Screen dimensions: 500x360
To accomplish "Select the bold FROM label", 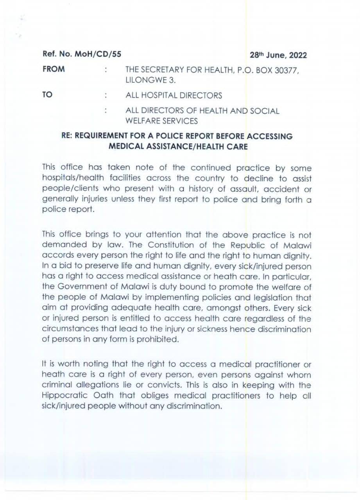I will pyautogui.click(x=54, y=70).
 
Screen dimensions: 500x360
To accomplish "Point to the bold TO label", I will pyautogui.click(x=47, y=95).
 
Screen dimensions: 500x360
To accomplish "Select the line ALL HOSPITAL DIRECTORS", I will pyautogui.click(x=174, y=95).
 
